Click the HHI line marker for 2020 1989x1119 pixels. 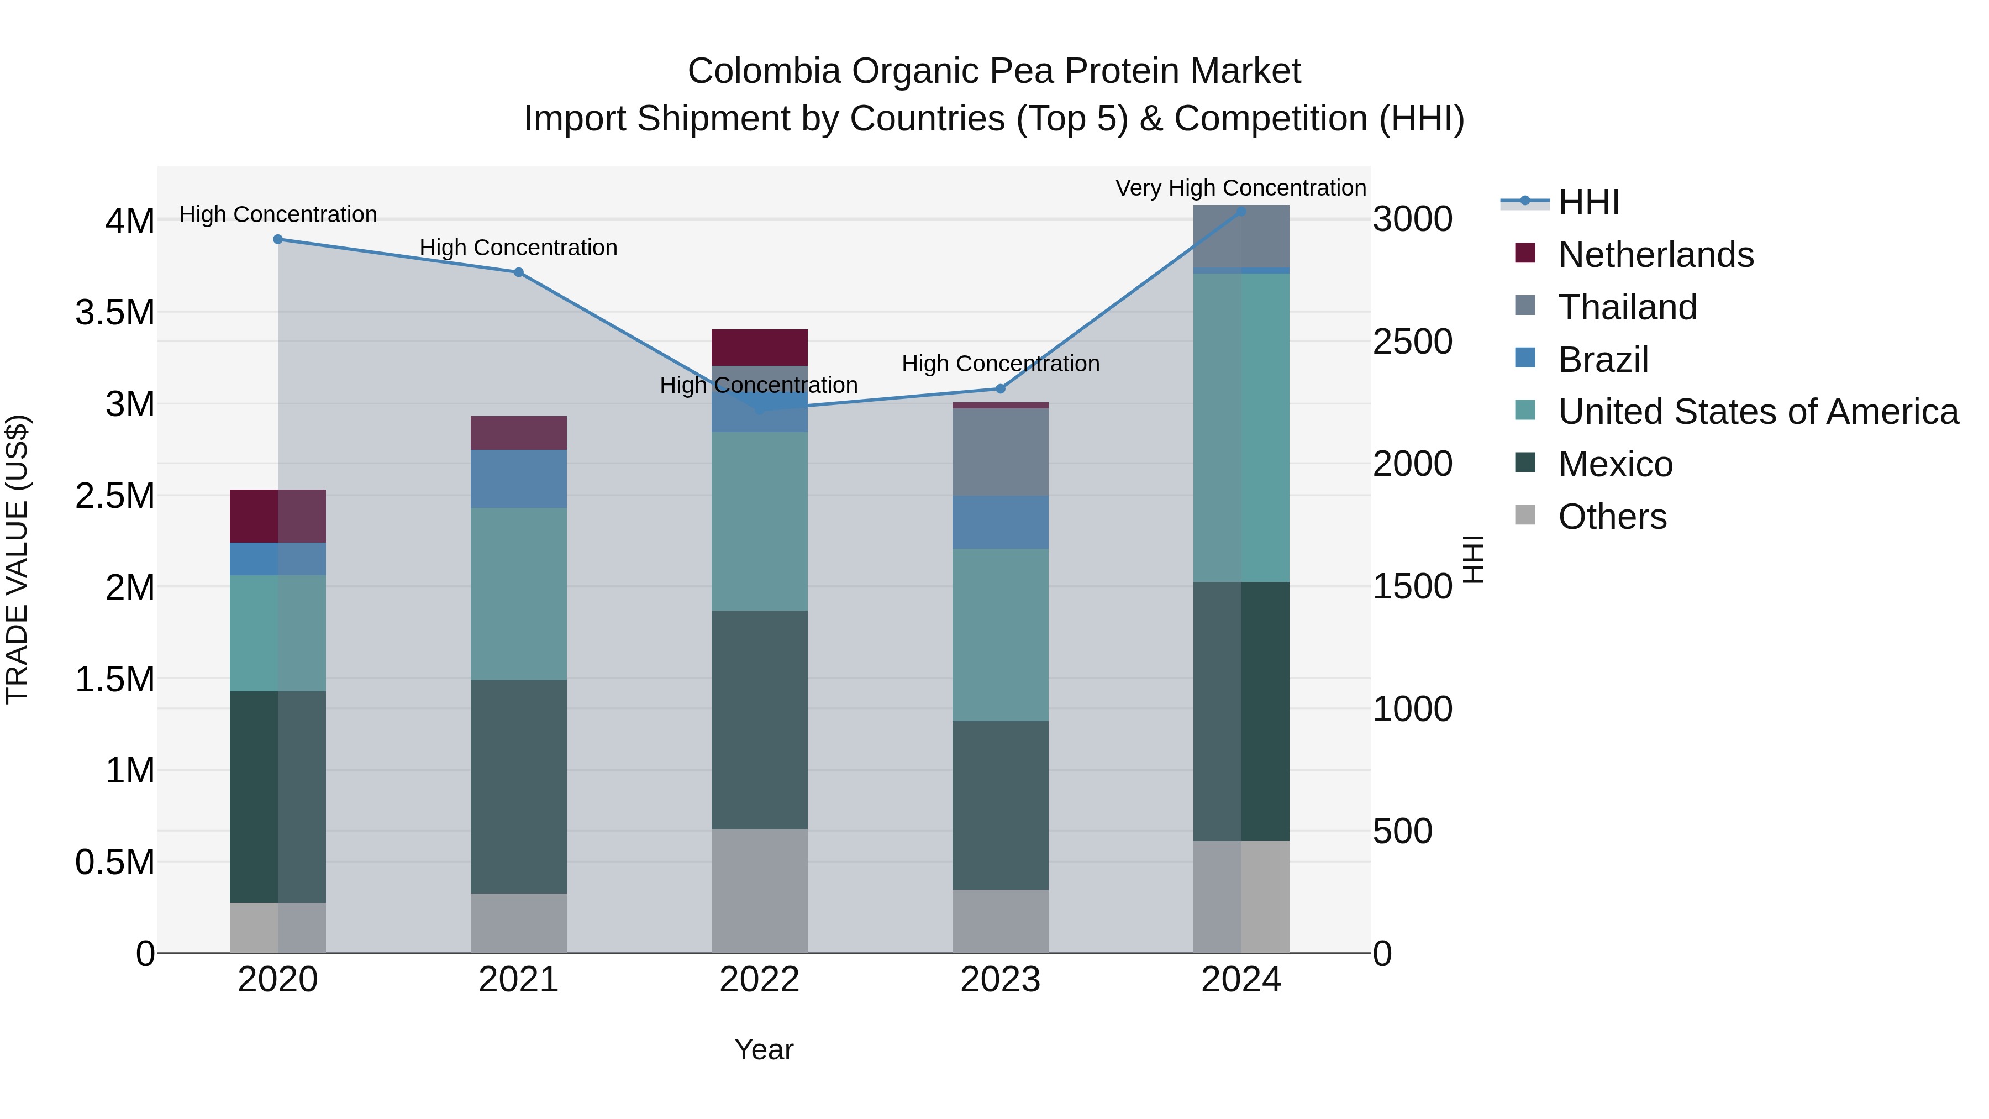click(278, 239)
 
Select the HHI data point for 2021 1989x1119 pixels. click(519, 272)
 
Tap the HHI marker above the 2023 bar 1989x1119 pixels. click(1000, 389)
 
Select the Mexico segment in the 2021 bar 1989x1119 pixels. click(519, 786)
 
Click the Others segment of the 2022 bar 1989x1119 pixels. click(759, 891)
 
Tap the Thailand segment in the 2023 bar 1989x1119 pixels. click(1000, 453)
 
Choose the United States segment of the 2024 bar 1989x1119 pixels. click(1241, 427)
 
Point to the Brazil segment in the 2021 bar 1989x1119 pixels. click(519, 479)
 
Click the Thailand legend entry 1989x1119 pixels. click(1627, 307)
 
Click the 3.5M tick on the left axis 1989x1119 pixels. click(114, 313)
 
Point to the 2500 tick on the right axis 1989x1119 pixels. click(1412, 342)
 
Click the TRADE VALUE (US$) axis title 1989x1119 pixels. click(17, 559)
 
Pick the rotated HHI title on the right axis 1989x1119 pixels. click(1473, 559)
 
